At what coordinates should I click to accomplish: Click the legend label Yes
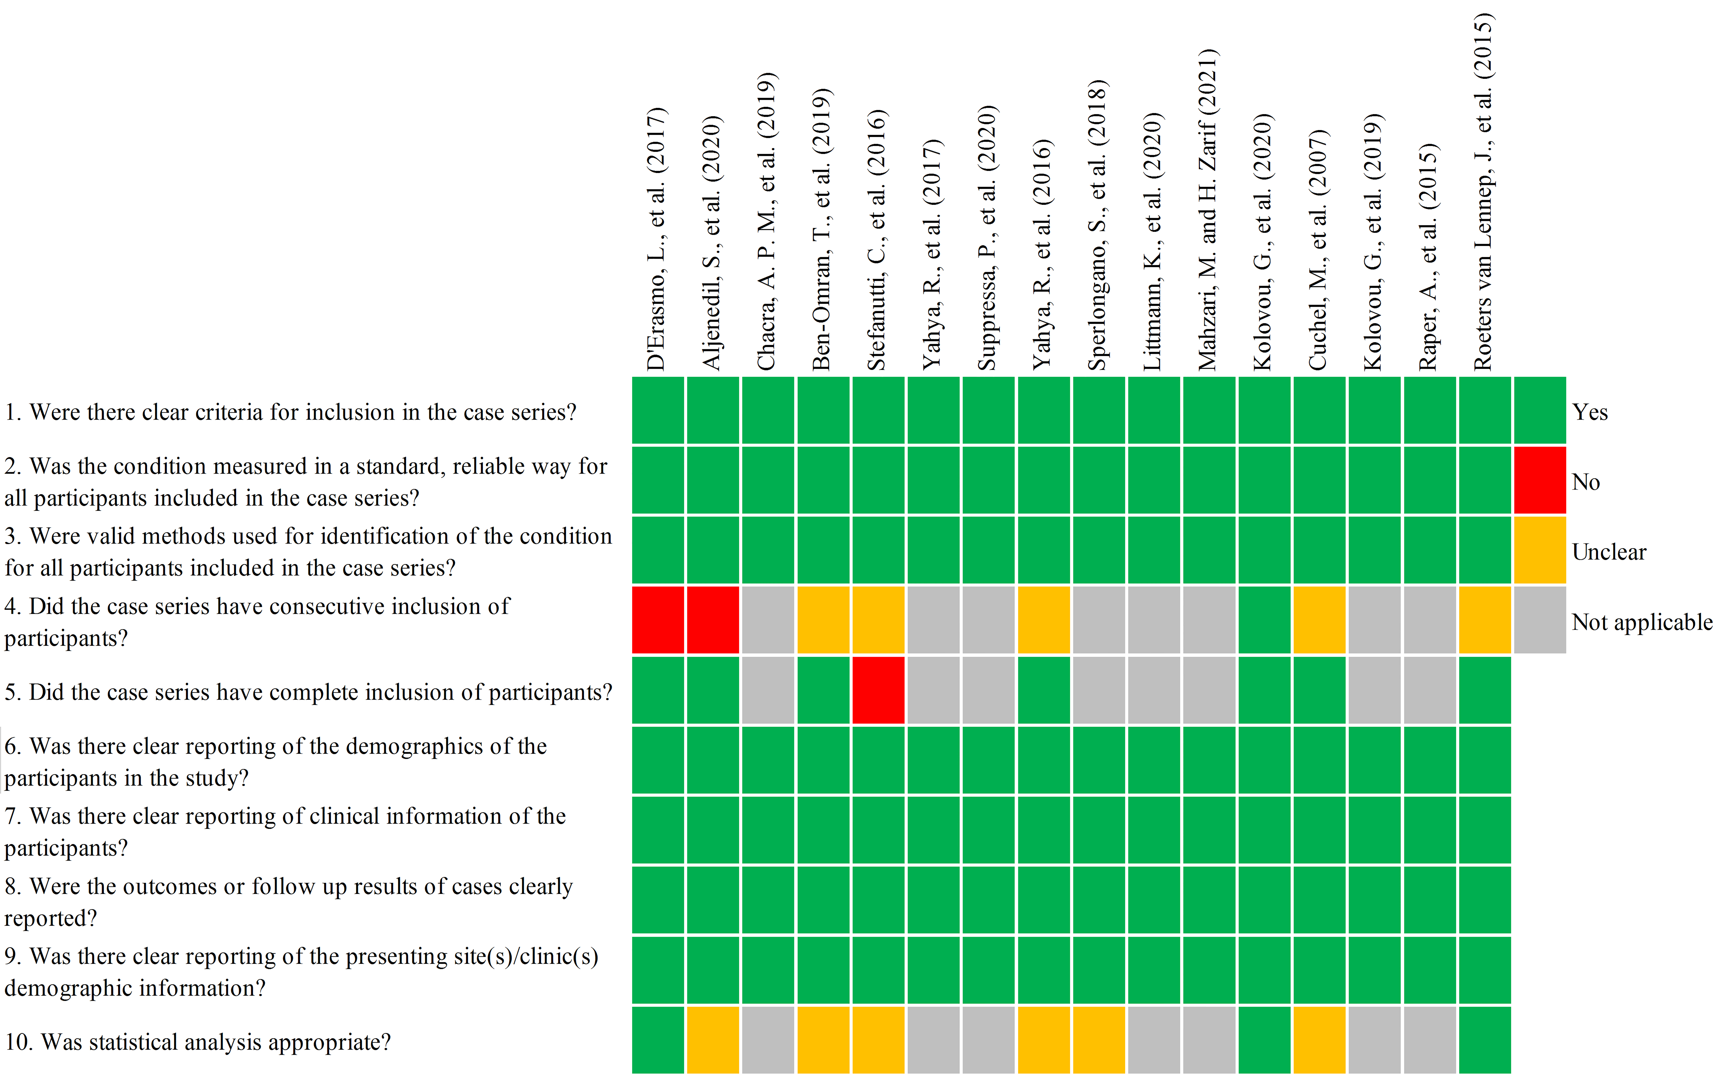click(x=1589, y=412)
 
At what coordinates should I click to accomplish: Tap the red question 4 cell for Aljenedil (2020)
click(x=712, y=619)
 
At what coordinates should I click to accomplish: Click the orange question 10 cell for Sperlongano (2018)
click(x=1098, y=1039)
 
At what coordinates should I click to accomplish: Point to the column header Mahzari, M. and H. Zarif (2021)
click(x=1208, y=210)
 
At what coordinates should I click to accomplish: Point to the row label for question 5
click(x=308, y=692)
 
